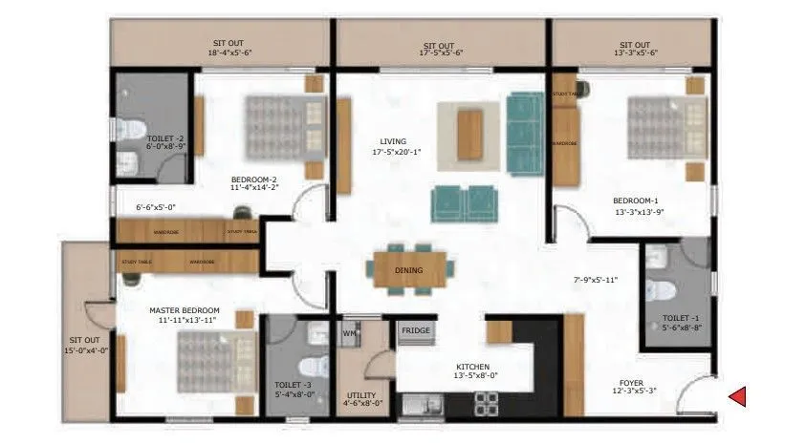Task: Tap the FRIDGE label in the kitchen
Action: tap(416, 330)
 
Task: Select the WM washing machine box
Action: tap(349, 332)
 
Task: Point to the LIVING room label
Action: tap(393, 140)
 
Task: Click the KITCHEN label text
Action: tap(472, 366)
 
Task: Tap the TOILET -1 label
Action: tap(680, 318)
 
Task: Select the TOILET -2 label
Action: tap(165, 138)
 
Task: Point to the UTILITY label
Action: tap(361, 394)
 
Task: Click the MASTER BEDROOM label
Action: tap(185, 310)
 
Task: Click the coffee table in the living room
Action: tap(468, 135)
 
